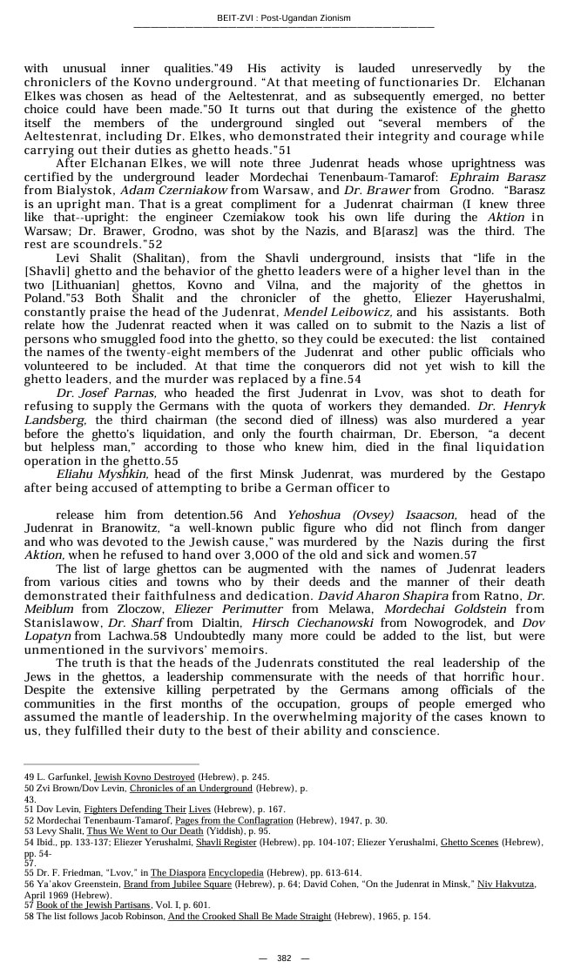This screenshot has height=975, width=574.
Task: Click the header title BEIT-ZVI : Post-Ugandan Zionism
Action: pos(283,18)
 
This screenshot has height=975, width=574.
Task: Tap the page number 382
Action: pos(284,958)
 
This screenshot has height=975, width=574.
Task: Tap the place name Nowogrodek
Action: pos(424,623)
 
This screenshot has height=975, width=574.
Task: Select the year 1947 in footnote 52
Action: pos(355,820)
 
